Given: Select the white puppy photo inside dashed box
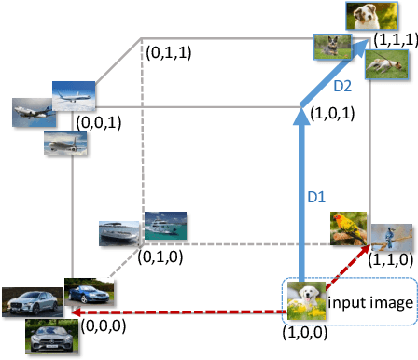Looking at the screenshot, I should [305, 303].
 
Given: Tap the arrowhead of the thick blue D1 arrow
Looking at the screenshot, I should [301, 116].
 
